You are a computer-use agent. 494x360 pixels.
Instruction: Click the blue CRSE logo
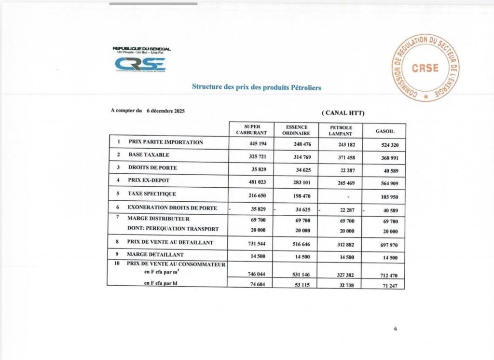click(140, 64)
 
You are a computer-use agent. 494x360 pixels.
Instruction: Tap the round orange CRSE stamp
click(425, 68)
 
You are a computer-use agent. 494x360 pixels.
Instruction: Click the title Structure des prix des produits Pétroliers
click(256, 87)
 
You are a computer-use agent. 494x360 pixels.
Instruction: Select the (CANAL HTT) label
click(343, 113)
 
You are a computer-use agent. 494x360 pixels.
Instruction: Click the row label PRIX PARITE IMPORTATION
click(165, 142)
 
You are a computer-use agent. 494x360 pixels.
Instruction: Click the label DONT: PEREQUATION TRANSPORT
click(173, 229)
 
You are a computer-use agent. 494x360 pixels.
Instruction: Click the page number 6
click(395, 329)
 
